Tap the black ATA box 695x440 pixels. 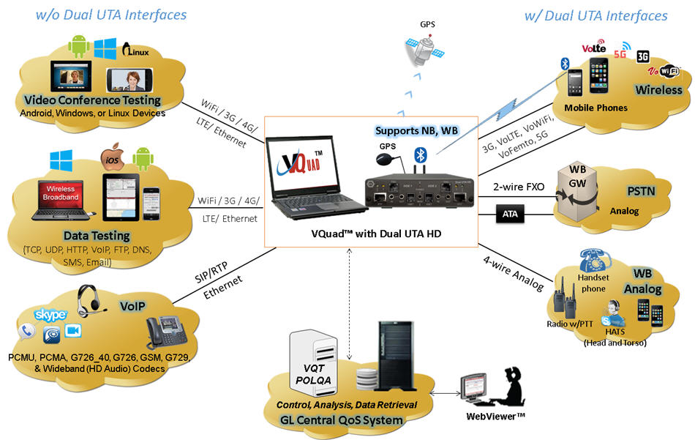[x=509, y=215]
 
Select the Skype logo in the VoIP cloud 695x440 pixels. [x=50, y=314]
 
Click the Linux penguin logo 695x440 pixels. [x=136, y=50]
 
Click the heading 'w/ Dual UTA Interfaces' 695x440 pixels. [x=596, y=15]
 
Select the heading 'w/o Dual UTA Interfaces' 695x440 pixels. [x=113, y=15]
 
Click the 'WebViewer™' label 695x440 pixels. [x=497, y=417]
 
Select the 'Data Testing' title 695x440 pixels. [x=97, y=236]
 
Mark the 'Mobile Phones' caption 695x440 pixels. [x=596, y=108]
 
